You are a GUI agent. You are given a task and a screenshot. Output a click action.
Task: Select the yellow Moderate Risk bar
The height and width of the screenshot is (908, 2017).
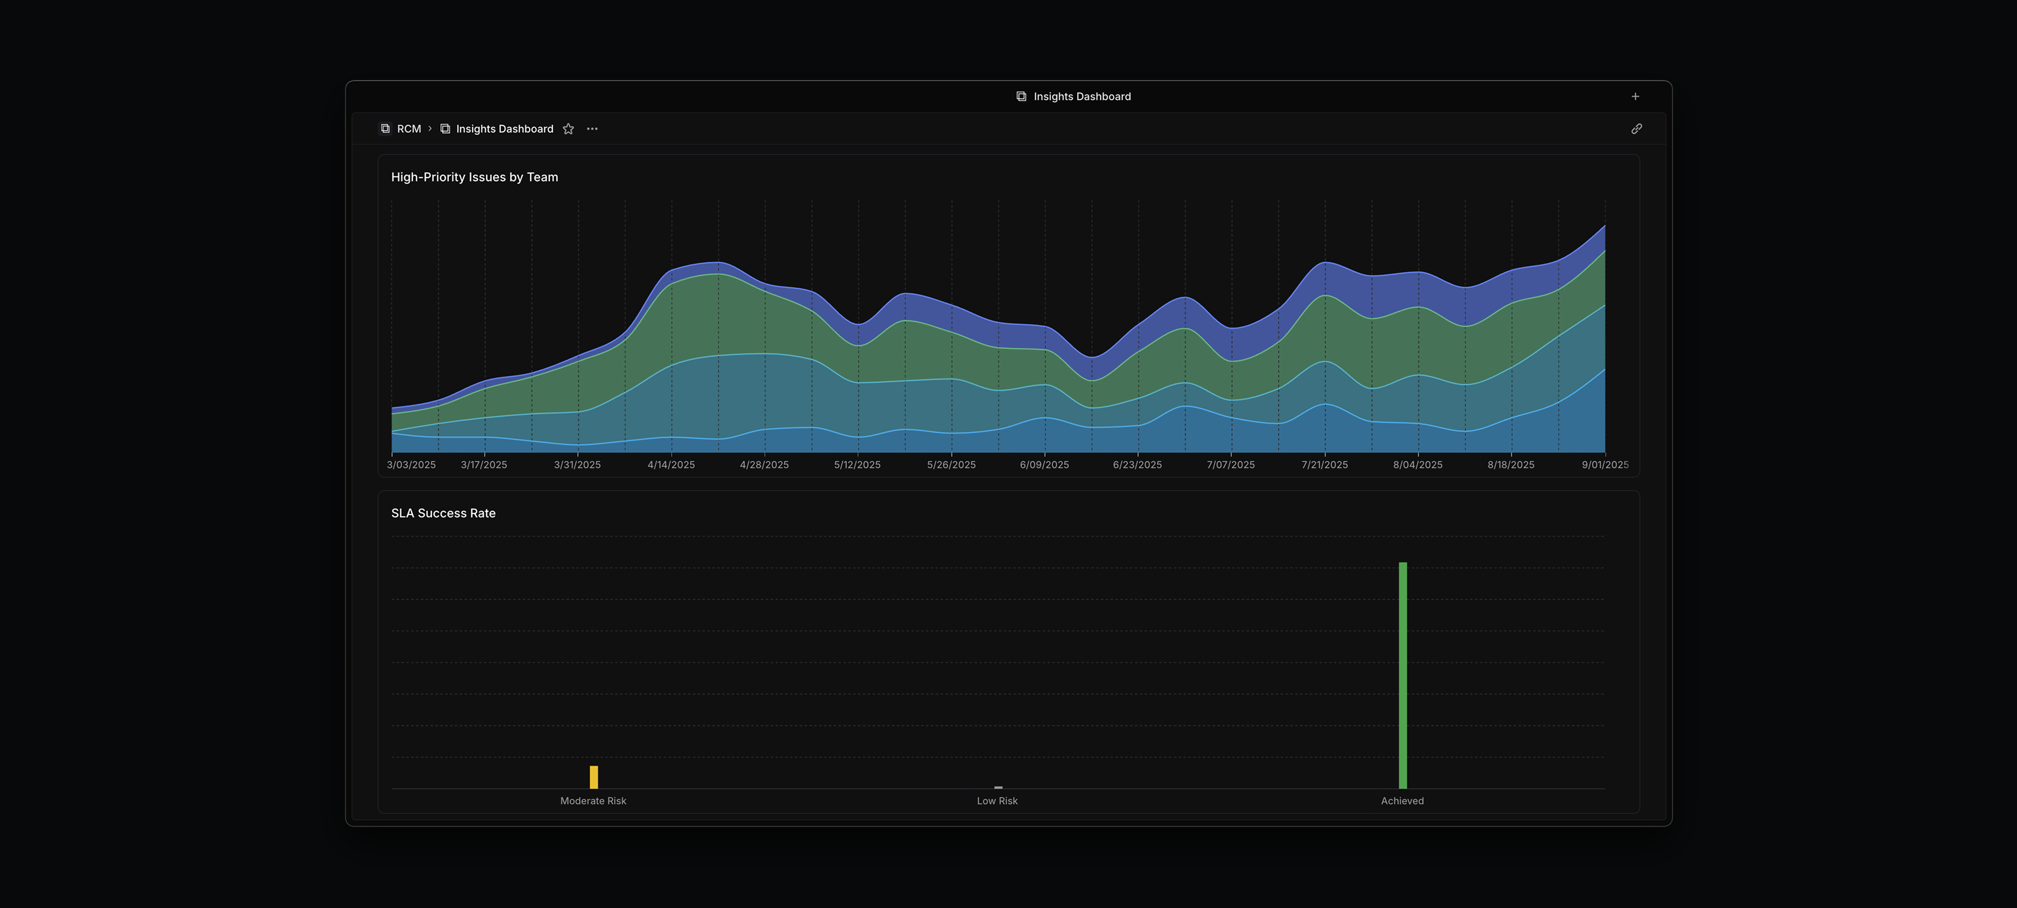594,777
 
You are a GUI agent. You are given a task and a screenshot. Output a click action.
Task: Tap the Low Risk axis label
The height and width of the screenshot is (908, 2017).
997,801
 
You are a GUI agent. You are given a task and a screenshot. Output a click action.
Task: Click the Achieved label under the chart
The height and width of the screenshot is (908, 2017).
1402,801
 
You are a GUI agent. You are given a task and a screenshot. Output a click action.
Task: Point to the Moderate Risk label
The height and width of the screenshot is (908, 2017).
593,801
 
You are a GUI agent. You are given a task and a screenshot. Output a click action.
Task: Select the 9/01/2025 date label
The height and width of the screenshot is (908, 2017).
1604,465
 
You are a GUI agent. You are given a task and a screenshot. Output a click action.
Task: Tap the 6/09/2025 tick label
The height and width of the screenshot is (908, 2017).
1044,465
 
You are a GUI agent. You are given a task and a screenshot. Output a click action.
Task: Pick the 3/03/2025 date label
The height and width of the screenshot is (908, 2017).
411,465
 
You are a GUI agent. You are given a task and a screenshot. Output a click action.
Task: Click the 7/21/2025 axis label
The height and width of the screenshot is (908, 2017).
1324,465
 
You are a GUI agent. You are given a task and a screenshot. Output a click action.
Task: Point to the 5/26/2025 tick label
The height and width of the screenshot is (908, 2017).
951,465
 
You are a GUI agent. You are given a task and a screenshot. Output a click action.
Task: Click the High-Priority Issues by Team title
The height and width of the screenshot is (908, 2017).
474,177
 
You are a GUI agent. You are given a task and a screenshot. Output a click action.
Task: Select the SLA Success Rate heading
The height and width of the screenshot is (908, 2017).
443,513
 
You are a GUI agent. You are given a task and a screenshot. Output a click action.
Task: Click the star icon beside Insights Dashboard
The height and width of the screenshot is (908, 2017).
568,129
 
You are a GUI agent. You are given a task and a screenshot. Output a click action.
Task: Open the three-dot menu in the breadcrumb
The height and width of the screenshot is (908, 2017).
592,129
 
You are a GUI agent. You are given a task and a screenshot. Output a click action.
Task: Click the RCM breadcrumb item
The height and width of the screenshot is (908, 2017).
408,129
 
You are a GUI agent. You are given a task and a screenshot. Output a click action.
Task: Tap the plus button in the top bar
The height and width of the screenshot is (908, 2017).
1635,96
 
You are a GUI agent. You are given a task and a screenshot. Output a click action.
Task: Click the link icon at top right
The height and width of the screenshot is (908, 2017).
1636,129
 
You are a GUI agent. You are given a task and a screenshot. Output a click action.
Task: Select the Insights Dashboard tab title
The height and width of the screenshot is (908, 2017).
1081,96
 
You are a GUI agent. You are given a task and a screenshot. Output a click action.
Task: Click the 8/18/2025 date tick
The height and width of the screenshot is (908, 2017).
1510,465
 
